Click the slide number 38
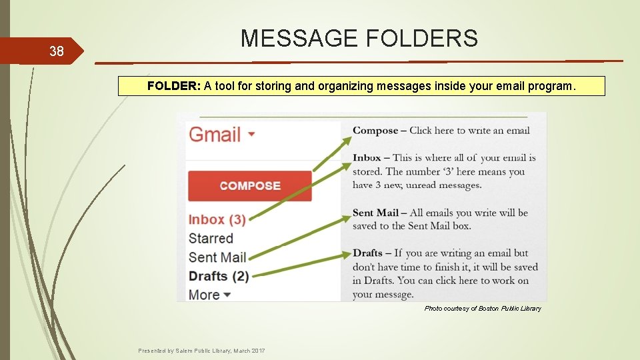tap(56, 51)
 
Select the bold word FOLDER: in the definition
tap(174, 86)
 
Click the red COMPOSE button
tap(250, 186)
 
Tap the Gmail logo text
tap(215, 135)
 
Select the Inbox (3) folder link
tap(217, 219)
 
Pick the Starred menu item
tap(211, 238)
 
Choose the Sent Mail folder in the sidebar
tap(217, 257)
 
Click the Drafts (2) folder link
tap(219, 276)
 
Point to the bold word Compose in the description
tap(375, 131)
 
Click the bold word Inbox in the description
tap(367, 158)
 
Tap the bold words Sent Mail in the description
tap(375, 213)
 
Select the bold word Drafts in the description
tap(367, 253)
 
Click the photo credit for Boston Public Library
tap(483, 309)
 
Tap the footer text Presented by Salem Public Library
tap(201, 351)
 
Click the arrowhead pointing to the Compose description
tap(347, 140)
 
